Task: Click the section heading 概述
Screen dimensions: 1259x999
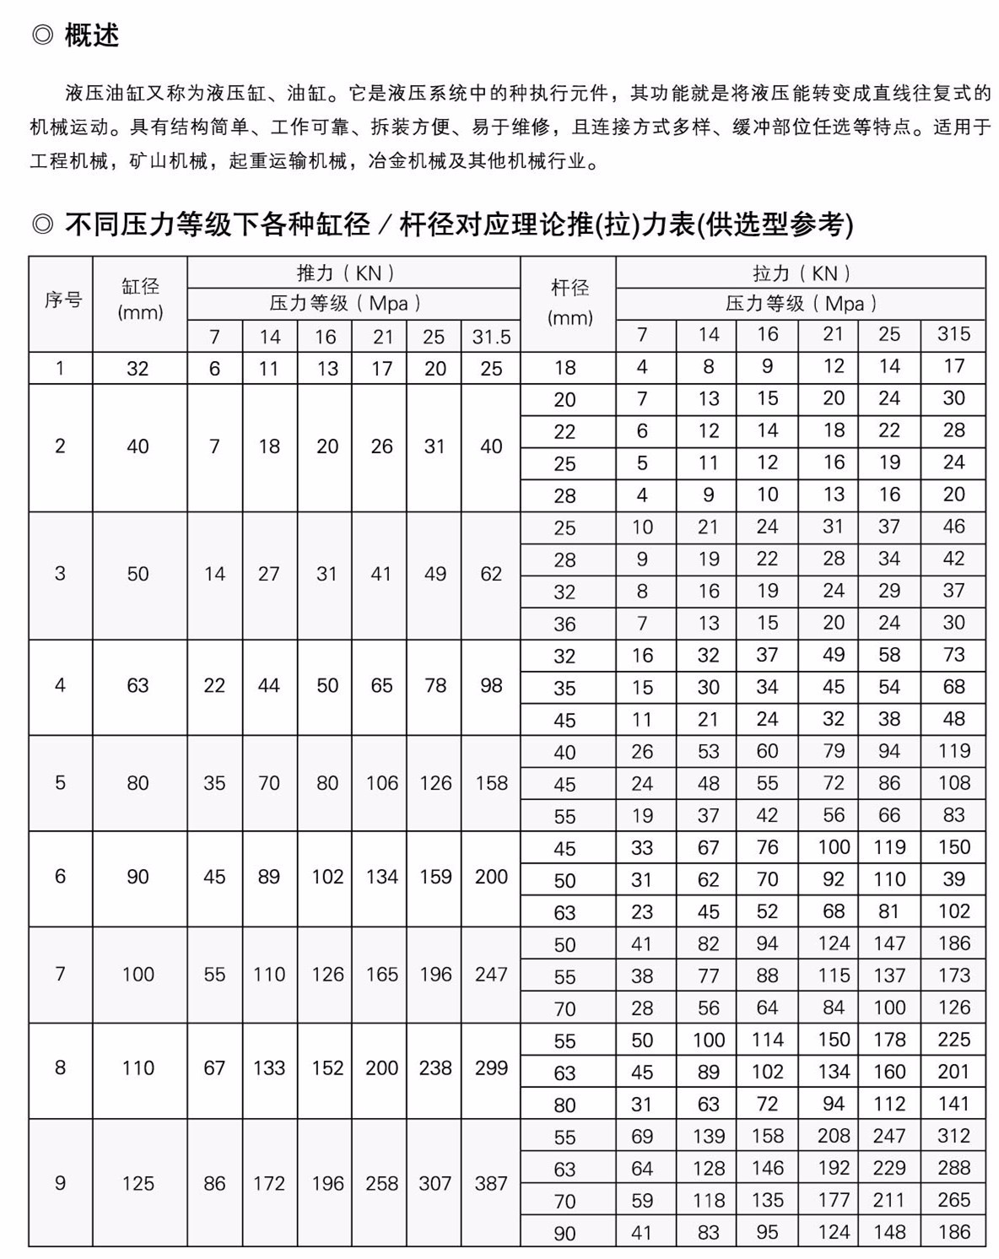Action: [x=91, y=35]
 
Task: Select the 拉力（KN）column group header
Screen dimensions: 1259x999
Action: [x=802, y=273]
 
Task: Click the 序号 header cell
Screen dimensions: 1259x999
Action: [x=62, y=300]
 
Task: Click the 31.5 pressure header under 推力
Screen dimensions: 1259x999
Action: [x=491, y=337]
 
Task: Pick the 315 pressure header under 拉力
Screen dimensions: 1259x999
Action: [x=953, y=333]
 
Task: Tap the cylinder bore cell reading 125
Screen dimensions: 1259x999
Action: [x=138, y=1183]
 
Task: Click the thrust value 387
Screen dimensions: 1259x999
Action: [x=491, y=1183]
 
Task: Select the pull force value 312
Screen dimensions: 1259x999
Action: [x=953, y=1135]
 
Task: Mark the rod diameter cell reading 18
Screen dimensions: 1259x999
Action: [x=564, y=367]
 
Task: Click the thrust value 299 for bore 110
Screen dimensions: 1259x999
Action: [x=491, y=1067]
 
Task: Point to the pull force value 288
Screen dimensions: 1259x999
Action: [x=953, y=1167]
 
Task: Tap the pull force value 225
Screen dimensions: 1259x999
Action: [x=953, y=1039]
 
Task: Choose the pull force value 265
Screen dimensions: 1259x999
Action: [x=953, y=1199]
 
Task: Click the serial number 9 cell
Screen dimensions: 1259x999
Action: [x=60, y=1183]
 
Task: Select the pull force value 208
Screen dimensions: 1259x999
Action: [x=834, y=1135]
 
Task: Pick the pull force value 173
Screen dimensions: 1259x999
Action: [x=953, y=975]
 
